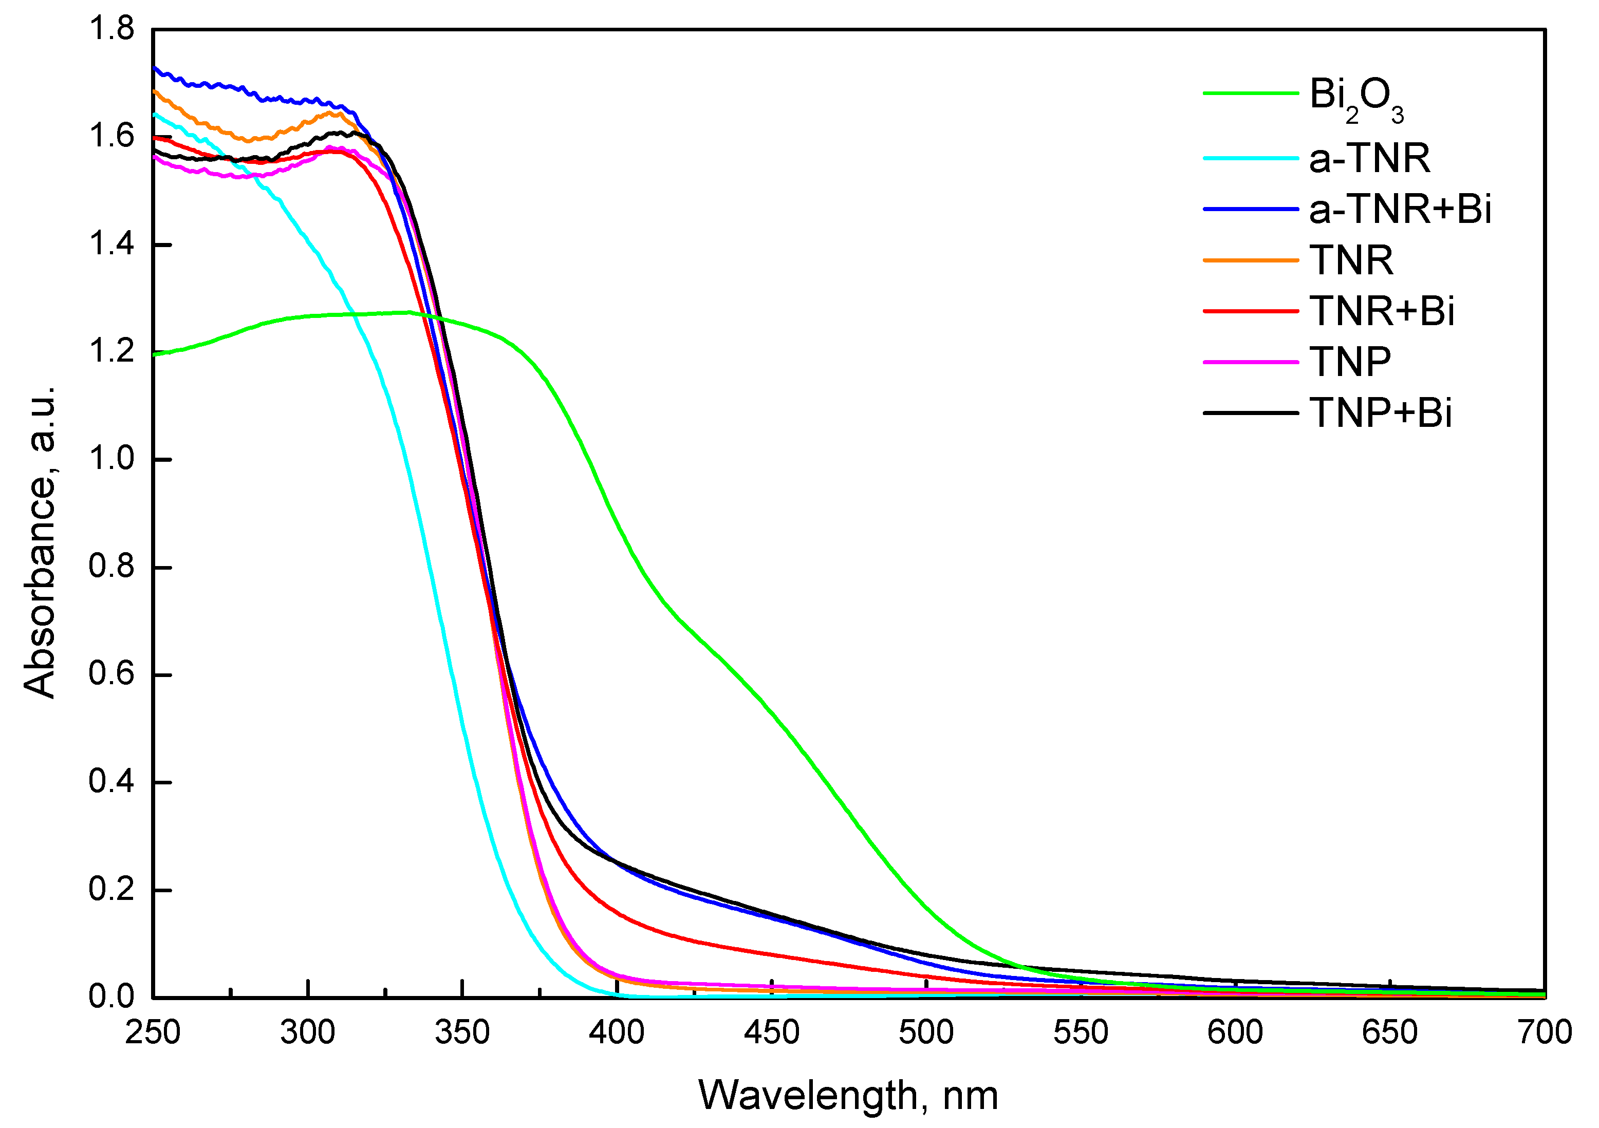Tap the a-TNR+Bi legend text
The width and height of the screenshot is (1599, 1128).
1399,209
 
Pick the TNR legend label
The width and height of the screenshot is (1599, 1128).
1350,260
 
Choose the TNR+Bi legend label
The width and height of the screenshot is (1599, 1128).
1381,311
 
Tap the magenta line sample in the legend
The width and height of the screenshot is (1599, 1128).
1250,362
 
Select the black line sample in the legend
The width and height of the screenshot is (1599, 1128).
1250,413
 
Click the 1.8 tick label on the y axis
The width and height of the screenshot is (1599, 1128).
111,29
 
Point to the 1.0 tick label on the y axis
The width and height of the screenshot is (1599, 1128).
111,460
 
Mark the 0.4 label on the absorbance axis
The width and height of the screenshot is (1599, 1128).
111,782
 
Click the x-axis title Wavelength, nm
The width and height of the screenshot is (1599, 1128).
848,1095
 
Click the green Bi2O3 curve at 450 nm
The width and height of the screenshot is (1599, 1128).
772,711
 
